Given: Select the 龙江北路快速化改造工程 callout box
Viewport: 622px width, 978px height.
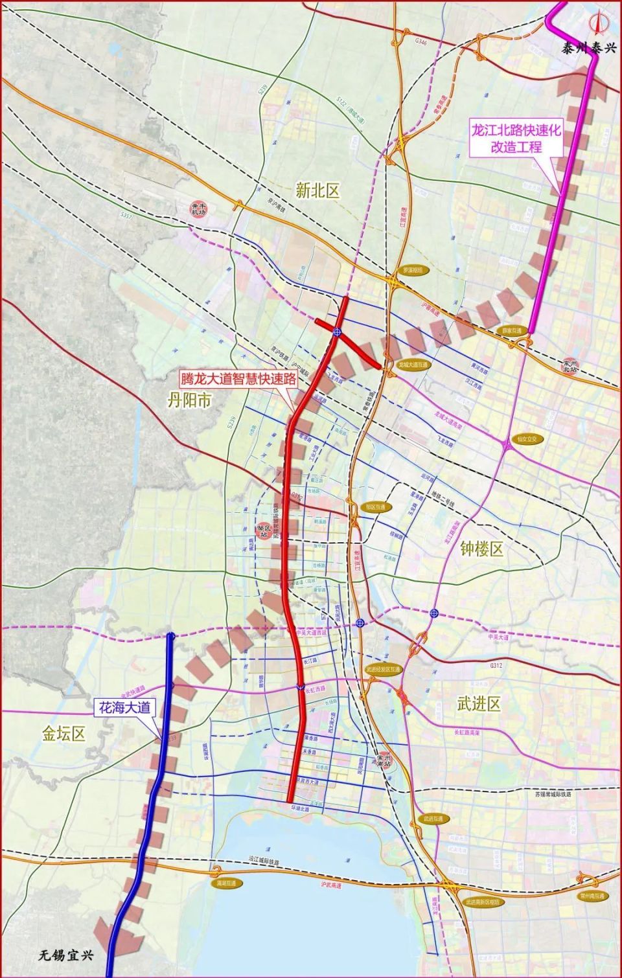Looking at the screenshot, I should point(516,138).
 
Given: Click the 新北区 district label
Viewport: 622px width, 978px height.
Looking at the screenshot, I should point(317,190).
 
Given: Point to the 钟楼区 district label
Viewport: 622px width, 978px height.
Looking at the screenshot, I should point(481,549).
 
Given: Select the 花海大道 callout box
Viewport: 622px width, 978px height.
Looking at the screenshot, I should point(124,707).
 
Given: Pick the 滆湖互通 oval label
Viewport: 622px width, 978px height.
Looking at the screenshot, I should point(229,883).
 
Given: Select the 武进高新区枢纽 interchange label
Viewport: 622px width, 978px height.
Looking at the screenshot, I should point(481,900).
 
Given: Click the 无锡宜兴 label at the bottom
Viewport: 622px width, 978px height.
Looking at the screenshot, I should point(65,955).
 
